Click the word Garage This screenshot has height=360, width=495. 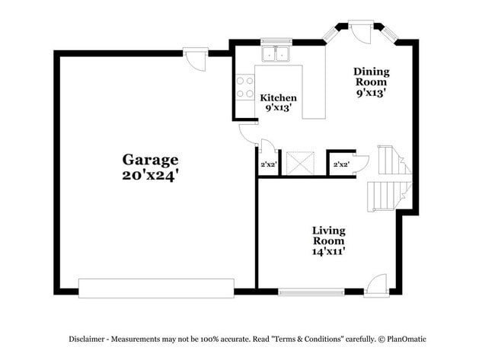(151, 160)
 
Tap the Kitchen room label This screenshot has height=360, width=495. (278, 98)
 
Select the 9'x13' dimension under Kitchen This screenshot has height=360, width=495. (278, 108)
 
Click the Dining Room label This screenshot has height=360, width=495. (371, 77)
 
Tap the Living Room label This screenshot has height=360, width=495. (329, 235)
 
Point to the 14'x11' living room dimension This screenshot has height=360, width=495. (329, 251)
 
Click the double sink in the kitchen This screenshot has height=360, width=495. (275, 54)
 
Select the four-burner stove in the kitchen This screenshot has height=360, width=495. (244, 88)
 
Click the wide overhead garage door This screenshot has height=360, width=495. (156, 288)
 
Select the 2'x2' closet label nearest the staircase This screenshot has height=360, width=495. (341, 164)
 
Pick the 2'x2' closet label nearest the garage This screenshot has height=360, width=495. (268, 164)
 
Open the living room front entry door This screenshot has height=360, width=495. (376, 285)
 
